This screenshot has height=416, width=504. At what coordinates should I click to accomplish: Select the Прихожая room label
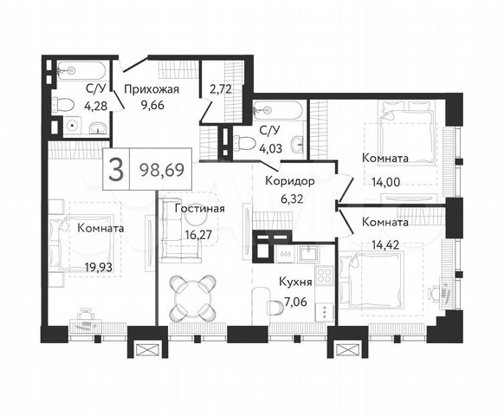[x=151, y=88]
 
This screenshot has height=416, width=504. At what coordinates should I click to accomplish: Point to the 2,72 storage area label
[x=222, y=88]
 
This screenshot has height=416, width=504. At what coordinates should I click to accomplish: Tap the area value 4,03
[x=270, y=148]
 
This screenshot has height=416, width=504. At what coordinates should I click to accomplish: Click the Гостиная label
[x=199, y=209]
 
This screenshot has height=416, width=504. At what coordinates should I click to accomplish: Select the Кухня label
[x=295, y=281]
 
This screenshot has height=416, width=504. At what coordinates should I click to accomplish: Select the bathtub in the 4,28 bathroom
[x=79, y=70]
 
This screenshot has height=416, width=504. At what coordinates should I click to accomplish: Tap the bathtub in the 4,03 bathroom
[x=277, y=111]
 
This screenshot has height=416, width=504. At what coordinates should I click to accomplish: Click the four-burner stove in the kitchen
[x=325, y=276]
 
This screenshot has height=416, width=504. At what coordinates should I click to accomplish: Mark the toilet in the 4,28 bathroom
[x=61, y=105]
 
